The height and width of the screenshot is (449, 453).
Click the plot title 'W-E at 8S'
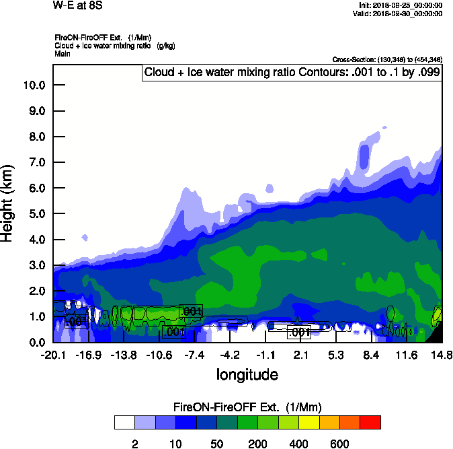pyautogui.click(x=75, y=5)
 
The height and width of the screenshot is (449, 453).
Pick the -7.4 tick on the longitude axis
pyautogui.click(x=195, y=355)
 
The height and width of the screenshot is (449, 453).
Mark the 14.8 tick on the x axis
pyautogui.click(x=442, y=355)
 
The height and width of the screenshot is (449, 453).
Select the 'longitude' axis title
pyautogui.click(x=247, y=374)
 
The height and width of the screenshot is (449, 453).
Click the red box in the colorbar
pyautogui.click(x=370, y=422)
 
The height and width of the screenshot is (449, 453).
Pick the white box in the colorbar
pyautogui.click(x=124, y=422)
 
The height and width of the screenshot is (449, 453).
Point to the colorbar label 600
pyautogui.click(x=339, y=444)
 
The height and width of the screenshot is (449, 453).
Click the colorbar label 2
pyautogui.click(x=134, y=444)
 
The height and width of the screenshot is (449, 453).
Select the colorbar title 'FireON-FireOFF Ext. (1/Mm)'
pyautogui.click(x=247, y=407)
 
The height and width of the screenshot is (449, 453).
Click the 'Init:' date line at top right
pyautogui.click(x=401, y=5)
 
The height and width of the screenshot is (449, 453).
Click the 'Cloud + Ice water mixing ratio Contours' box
pyautogui.click(x=292, y=73)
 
